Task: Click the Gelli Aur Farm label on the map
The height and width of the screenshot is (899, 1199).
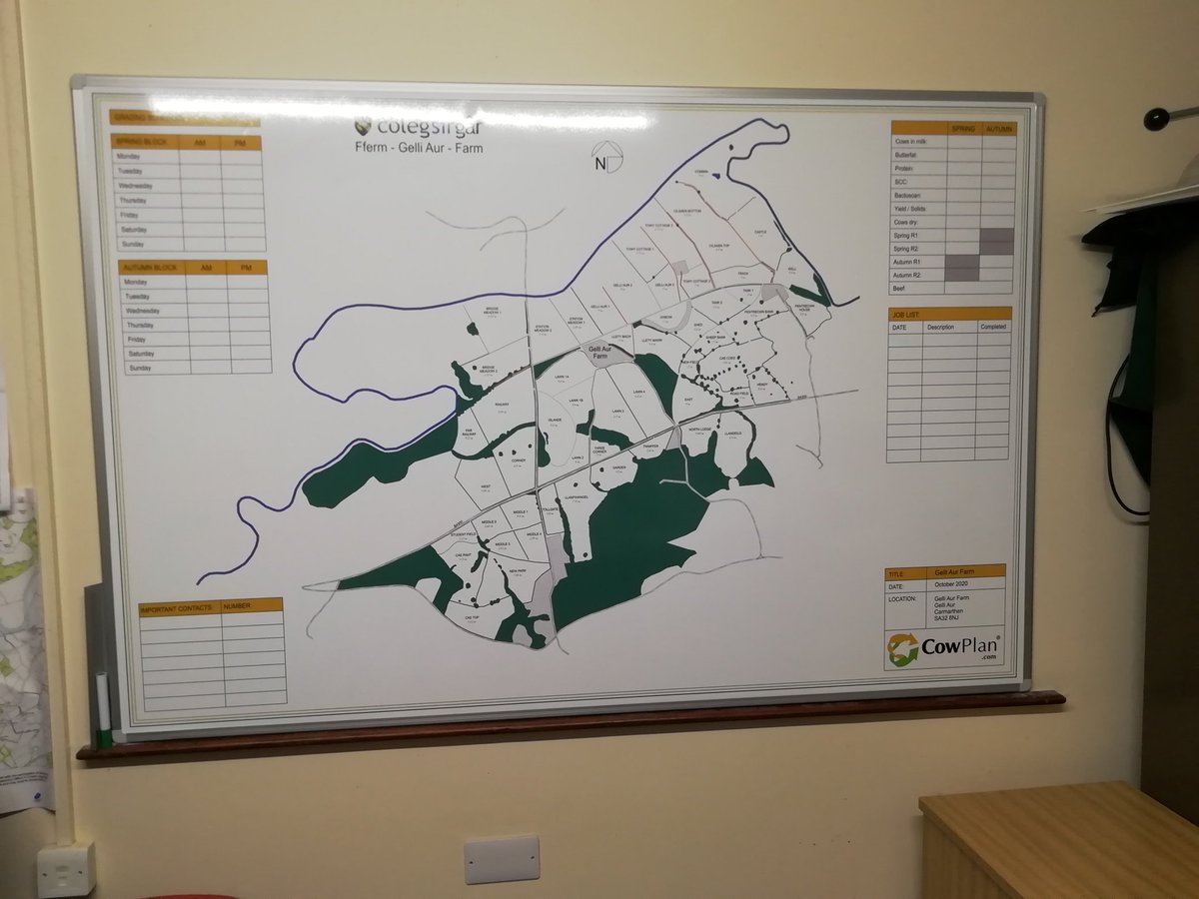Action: click(x=598, y=352)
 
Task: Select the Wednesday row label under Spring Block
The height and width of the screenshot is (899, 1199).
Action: click(x=136, y=186)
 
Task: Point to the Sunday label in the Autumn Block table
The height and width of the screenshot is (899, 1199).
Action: click(x=140, y=368)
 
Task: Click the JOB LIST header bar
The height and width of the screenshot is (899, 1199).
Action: click(x=948, y=314)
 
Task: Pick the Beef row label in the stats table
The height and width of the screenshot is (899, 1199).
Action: click(x=901, y=288)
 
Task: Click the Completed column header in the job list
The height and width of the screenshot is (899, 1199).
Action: click(x=992, y=327)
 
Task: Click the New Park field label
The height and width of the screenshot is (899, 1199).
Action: click(x=517, y=571)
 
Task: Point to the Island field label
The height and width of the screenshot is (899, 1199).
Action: click(x=555, y=420)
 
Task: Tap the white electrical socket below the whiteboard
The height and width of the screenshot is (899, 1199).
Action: click(x=502, y=859)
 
